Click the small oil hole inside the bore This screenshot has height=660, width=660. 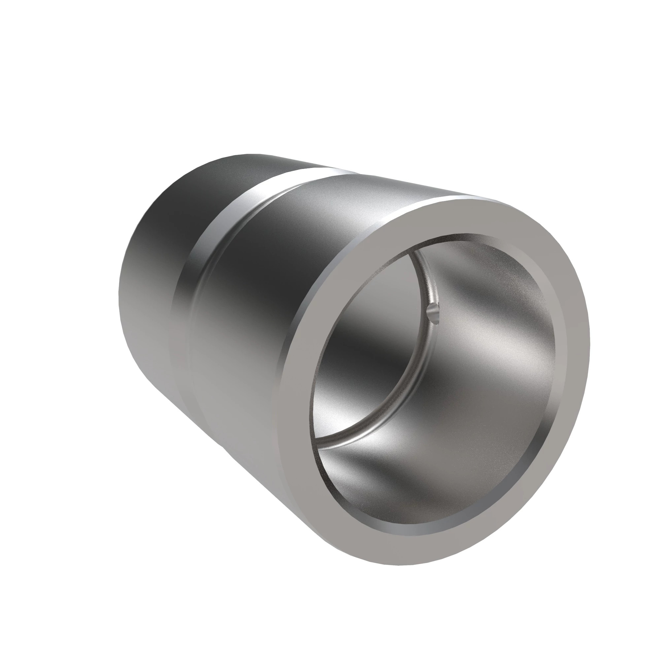tap(433, 312)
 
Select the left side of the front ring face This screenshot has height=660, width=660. tap(301, 393)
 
